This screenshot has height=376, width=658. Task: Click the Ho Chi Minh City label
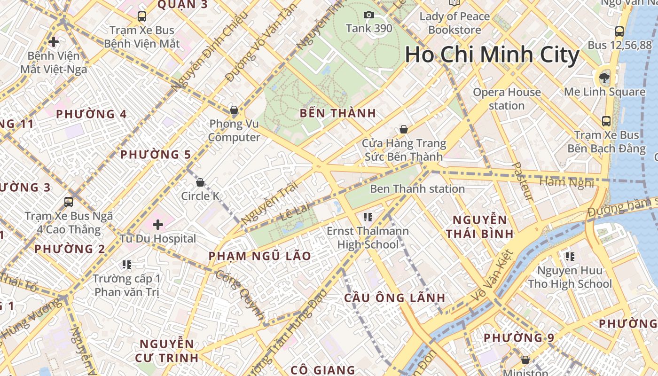click(492, 55)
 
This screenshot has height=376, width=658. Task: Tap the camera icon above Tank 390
click(369, 15)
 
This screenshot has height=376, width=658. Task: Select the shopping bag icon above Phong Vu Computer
click(234, 110)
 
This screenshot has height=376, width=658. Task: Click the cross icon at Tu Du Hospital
click(158, 224)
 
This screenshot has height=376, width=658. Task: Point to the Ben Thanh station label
click(417, 189)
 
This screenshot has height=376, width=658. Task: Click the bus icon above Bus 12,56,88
click(619, 32)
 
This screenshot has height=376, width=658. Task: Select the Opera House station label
click(507, 99)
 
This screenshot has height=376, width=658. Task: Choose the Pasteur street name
click(523, 182)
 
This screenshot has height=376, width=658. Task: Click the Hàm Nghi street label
click(566, 182)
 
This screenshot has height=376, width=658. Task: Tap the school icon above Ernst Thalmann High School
click(368, 217)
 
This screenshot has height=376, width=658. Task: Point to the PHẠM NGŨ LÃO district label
click(259, 256)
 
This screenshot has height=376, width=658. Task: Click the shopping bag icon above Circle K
click(200, 182)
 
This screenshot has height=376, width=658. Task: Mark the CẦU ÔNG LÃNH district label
click(395, 298)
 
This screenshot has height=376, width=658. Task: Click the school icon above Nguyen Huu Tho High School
click(570, 257)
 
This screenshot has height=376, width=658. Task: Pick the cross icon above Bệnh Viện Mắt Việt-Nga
click(54, 42)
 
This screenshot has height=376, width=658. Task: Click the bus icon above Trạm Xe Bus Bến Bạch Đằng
click(606, 121)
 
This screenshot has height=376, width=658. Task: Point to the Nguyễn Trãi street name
click(270, 203)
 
